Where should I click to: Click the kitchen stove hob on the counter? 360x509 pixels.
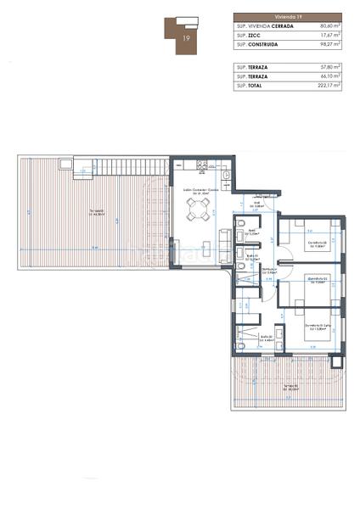point(200,165)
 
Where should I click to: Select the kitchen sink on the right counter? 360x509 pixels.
point(228,176)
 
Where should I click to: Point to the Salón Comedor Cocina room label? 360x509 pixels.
point(200,191)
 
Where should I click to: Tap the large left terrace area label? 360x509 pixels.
point(100,212)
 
